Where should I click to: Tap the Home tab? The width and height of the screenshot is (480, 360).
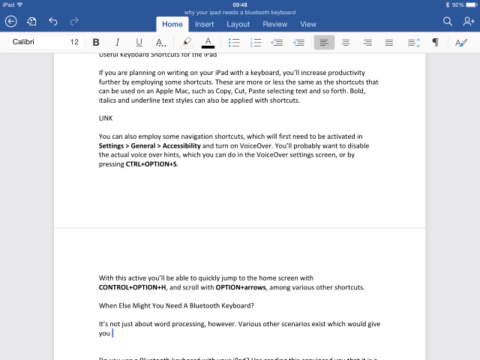172,24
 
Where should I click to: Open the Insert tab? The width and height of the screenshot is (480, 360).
204,24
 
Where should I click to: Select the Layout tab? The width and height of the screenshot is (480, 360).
238,24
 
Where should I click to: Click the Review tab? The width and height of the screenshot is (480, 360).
274,24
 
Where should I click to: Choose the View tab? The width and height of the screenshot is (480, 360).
308,24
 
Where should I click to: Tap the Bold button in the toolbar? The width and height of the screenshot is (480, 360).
96,43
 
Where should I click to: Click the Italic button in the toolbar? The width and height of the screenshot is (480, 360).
117,43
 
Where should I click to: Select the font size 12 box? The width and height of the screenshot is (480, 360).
74,43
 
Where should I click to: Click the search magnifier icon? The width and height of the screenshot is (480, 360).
448,22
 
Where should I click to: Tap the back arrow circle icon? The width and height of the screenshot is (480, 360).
10,22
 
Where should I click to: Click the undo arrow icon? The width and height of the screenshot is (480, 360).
52,22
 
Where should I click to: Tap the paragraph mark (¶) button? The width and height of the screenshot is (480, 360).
435,43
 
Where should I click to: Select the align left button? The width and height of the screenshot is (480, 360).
324,43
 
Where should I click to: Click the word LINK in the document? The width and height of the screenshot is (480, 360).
106,118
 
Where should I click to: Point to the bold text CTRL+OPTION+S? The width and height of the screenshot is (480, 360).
151,163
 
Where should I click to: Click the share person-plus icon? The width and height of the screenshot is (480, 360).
468,22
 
